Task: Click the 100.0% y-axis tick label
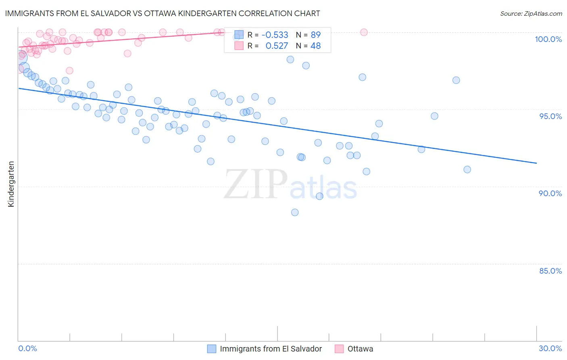[548, 39]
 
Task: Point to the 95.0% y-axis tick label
[550, 116]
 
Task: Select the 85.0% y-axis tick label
[550, 271]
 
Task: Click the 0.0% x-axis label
[27, 348]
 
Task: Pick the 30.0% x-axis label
[550, 348]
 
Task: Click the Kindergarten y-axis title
[11, 184]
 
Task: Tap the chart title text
[163, 13]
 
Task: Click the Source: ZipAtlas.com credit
[531, 13]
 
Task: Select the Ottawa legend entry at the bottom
[360, 349]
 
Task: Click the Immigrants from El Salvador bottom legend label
[271, 349]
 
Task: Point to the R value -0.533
[275, 35]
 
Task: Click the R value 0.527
[277, 46]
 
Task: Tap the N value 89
[315, 35]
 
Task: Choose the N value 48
[315, 46]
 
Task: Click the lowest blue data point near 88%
[295, 212]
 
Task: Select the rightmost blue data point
[467, 170]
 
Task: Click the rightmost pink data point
[364, 32]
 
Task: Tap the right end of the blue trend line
[536, 163]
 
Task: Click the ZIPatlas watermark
[290, 185]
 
